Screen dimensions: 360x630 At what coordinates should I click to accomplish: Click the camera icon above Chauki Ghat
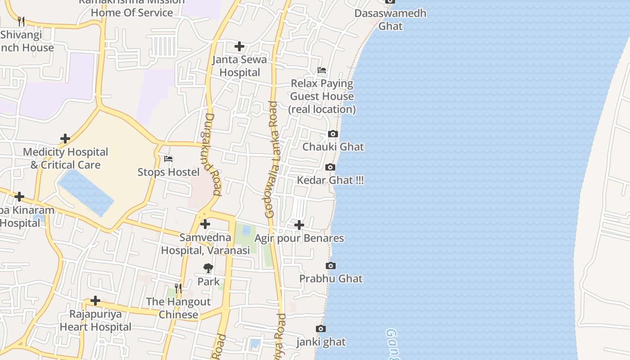[333, 134]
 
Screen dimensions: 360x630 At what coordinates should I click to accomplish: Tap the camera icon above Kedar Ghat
[330, 167]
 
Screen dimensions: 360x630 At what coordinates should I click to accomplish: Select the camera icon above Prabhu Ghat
[331, 265]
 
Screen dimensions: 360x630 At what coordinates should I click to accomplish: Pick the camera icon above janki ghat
[321, 329]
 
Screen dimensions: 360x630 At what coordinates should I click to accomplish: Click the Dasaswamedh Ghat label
[390, 19]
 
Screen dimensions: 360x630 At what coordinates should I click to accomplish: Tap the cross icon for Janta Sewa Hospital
[239, 46]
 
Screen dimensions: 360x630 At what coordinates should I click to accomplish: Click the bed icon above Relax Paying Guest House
[322, 70]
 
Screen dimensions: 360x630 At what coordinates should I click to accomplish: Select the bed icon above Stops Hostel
[168, 159]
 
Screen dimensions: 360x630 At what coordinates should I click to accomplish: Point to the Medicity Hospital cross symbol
[65, 139]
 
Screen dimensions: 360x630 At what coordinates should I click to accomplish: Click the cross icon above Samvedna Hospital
[205, 224]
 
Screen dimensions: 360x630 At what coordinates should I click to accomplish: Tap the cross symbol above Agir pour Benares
[299, 225]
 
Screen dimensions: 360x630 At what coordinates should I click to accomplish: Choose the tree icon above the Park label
[208, 269]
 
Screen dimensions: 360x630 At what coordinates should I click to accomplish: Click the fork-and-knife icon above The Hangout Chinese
[178, 288]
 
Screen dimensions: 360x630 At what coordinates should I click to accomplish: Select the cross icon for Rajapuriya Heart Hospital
[95, 301]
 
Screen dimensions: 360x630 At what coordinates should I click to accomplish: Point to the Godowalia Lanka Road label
[273, 160]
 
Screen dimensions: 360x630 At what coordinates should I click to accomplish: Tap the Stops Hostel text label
[168, 172]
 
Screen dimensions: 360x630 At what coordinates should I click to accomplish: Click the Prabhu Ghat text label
[331, 279]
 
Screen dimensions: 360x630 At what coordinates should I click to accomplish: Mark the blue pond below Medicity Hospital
[86, 193]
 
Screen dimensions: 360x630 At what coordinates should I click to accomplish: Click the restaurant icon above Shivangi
[21, 21]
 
